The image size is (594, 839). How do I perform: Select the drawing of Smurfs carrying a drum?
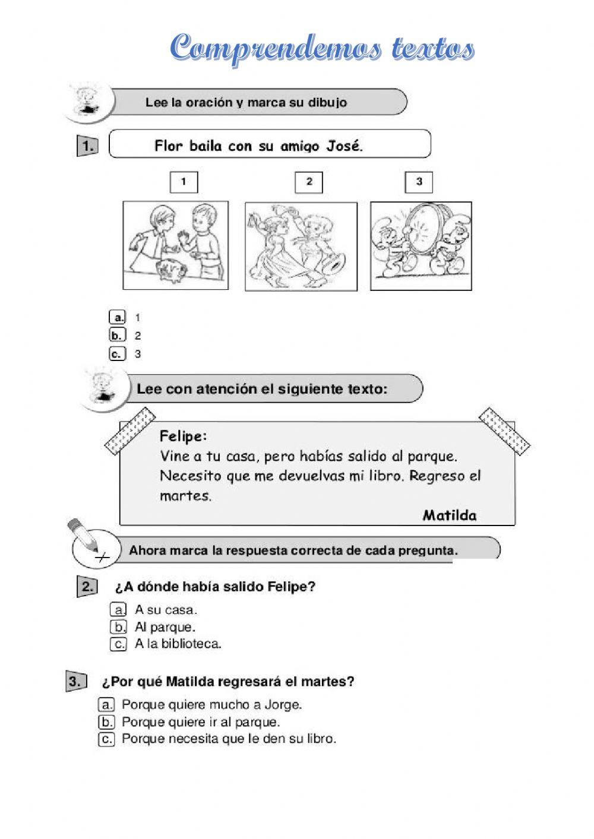pos(421,245)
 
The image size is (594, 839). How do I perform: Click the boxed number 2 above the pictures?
pos(309,182)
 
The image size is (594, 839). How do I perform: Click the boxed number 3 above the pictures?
pos(419,182)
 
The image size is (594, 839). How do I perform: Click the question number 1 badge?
pos(88,146)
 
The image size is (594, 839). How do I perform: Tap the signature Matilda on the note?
pos(449,515)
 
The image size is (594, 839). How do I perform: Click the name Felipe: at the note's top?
pos(184,436)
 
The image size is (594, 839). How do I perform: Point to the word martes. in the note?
pos(185,495)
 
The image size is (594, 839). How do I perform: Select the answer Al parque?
pos(165,626)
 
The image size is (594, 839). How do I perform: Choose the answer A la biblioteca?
pos(178,644)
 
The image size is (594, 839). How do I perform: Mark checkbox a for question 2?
pos(118,609)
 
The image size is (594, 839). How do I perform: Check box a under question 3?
pos(106,705)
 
